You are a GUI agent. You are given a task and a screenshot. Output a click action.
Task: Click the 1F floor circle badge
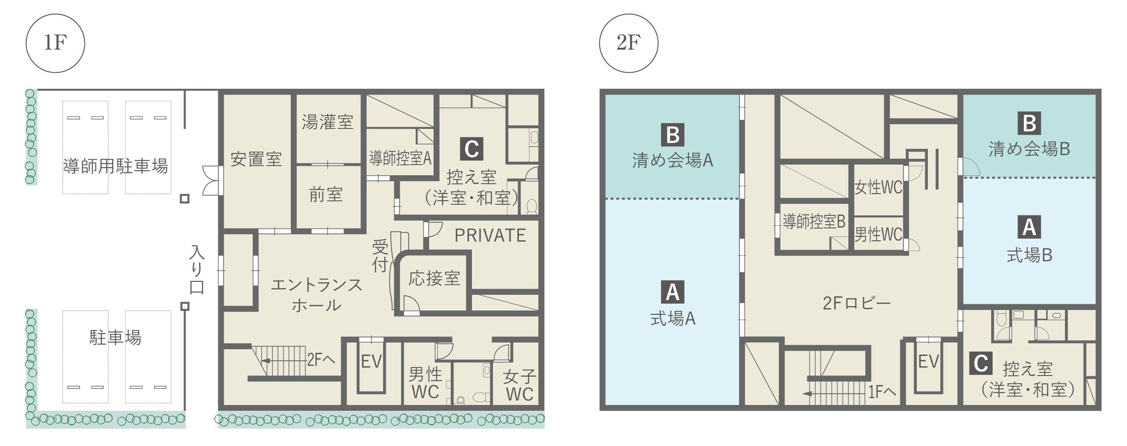[x=55, y=43]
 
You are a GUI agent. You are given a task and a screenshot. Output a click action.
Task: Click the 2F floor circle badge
[x=628, y=43]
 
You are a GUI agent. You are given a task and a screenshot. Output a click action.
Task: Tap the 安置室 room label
[x=256, y=159]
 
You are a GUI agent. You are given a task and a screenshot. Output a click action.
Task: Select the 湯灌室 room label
[x=328, y=122]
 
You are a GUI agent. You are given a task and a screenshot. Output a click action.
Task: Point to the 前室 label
[x=326, y=195]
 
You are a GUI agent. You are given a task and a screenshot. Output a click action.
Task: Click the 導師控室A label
[x=400, y=158]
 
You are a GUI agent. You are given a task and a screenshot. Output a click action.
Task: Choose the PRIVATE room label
[x=490, y=235]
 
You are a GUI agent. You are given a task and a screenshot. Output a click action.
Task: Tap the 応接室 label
[x=434, y=278]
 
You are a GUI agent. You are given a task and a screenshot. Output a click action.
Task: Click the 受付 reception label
[x=380, y=256]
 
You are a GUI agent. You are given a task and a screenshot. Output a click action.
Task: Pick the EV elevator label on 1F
[x=371, y=362]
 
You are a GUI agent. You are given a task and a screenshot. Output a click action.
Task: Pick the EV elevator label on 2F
[x=929, y=362]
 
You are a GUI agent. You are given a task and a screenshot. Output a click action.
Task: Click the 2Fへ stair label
[x=321, y=359]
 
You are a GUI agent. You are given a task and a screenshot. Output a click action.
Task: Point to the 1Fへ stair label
[x=882, y=392]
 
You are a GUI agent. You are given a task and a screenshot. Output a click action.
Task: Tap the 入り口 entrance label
[x=197, y=270]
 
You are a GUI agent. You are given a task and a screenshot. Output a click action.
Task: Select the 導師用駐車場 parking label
[x=116, y=166]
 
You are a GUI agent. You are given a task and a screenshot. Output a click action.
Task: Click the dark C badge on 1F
[x=472, y=149]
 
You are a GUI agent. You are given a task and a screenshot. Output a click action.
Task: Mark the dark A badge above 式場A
[x=672, y=292]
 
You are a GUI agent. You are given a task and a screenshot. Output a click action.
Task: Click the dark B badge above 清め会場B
[x=1029, y=123]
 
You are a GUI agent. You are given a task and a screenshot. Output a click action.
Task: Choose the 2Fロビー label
[x=856, y=304]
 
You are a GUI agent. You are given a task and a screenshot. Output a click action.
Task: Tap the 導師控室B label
[x=814, y=222]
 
